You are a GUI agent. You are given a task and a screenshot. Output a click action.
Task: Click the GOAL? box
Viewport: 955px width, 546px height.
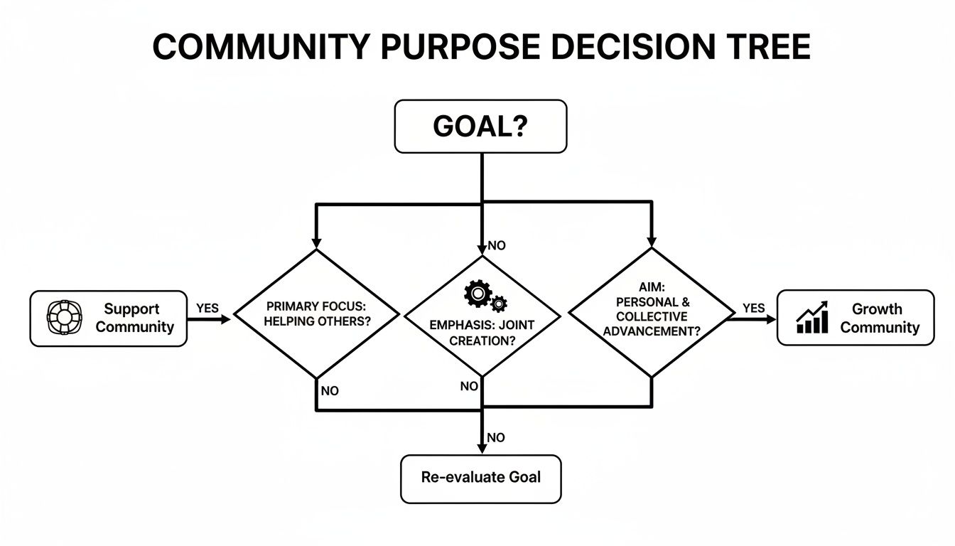point(480,127)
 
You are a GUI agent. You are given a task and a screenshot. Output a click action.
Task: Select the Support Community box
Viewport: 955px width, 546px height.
point(109,318)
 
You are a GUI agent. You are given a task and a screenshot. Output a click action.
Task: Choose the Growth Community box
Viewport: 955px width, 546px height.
point(856,318)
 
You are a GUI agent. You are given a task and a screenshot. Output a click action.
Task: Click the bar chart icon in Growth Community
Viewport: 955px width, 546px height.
point(811,318)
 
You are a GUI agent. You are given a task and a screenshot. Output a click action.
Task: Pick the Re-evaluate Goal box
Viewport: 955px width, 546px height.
point(480,478)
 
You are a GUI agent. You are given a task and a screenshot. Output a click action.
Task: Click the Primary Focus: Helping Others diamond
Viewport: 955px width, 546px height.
point(317,314)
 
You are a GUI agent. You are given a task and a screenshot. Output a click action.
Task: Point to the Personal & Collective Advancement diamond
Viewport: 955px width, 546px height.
point(652,314)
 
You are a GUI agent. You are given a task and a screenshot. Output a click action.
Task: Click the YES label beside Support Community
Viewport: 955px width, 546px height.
point(207,309)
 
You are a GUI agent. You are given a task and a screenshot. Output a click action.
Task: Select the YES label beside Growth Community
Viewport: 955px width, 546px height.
point(753,309)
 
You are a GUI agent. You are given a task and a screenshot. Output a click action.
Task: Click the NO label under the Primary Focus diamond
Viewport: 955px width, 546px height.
point(330,391)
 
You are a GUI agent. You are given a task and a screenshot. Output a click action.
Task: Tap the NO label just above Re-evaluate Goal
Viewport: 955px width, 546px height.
point(496,438)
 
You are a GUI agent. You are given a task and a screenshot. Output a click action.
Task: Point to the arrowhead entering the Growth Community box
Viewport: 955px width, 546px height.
point(771,319)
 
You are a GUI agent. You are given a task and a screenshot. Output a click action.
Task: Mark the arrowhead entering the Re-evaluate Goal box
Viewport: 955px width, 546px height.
point(482,449)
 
